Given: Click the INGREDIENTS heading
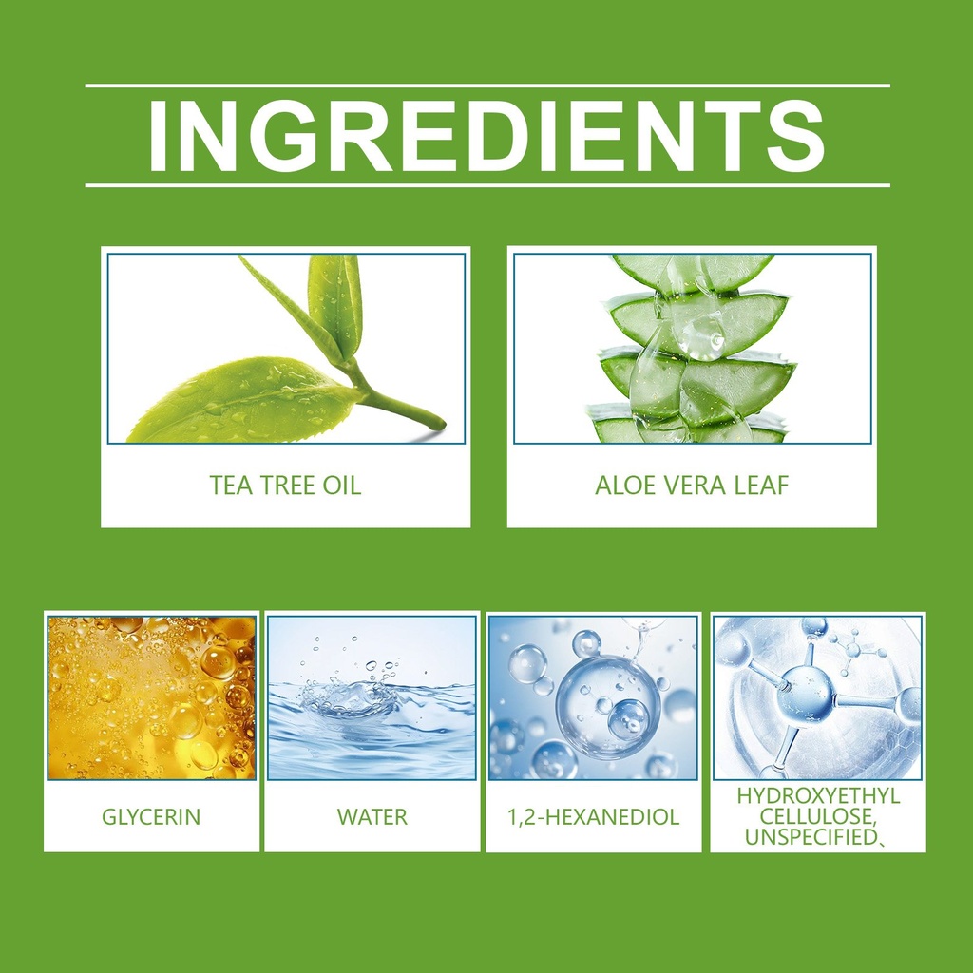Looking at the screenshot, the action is [x=487, y=135].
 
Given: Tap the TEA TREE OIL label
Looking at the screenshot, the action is [x=285, y=486].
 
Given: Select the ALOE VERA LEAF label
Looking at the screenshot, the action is [x=692, y=486].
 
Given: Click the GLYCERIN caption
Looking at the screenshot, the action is [x=151, y=816].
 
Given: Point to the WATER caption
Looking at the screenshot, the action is [x=372, y=816].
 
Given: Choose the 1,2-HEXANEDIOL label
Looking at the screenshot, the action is [x=593, y=816].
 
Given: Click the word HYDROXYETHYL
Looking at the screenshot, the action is [x=818, y=796].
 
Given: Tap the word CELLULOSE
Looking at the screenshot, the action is [x=818, y=816].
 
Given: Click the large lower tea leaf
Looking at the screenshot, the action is [x=242, y=400].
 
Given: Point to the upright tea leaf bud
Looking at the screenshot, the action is [x=335, y=307].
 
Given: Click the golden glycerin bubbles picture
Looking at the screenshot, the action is [x=151, y=697].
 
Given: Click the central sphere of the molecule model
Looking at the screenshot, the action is [x=805, y=693].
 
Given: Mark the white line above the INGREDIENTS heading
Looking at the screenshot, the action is [x=487, y=85].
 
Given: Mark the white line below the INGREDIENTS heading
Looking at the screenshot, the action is [x=487, y=185].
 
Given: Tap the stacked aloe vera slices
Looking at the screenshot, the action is [x=692, y=349].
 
